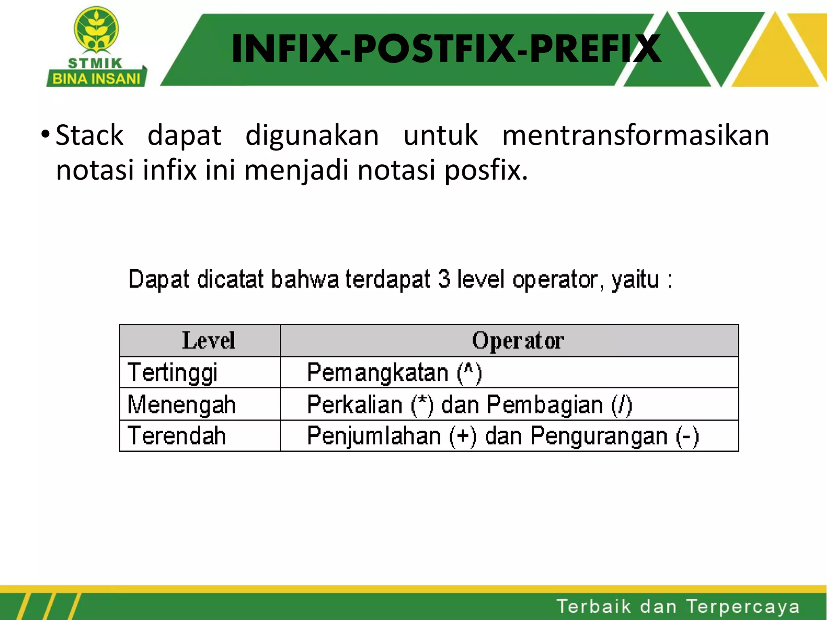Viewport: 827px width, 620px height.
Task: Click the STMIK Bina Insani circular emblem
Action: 96,29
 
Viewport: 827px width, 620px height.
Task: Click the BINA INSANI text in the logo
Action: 96,78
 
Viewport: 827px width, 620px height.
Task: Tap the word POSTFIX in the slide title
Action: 434,49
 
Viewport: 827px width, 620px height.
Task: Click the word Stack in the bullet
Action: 89,135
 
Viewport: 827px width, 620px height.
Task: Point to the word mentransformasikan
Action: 636,135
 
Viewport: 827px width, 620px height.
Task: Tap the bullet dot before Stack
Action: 45,134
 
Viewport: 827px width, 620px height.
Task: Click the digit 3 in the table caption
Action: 444,279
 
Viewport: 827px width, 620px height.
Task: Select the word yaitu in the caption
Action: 635,280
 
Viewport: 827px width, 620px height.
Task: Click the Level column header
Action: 208,340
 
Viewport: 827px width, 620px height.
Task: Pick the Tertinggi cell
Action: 172,372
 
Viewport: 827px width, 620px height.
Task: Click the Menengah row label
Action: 181,404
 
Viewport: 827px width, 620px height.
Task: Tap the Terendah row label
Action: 176,436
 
